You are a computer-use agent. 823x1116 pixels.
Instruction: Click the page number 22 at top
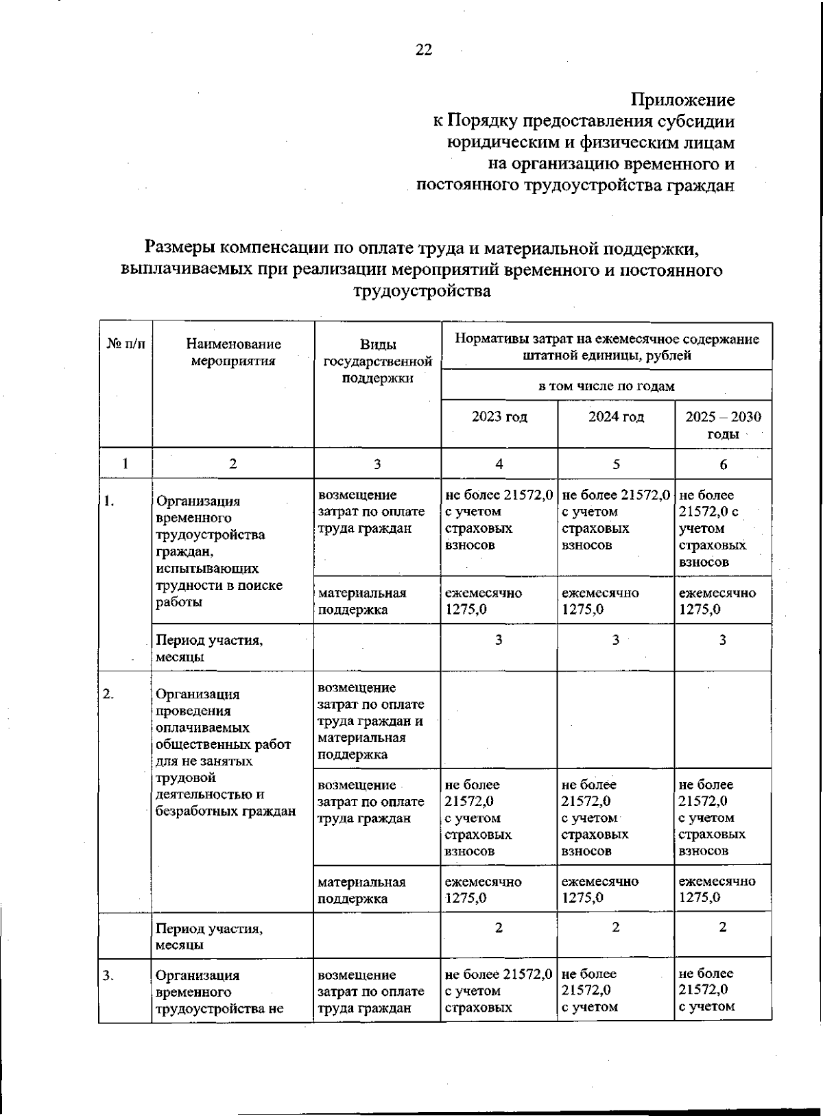click(x=423, y=49)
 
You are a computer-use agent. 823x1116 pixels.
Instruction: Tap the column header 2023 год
click(x=499, y=417)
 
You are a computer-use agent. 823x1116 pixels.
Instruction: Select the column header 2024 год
click(x=616, y=417)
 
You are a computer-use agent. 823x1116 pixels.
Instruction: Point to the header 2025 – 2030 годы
click(x=723, y=425)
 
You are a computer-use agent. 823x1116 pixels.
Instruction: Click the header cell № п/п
click(x=126, y=344)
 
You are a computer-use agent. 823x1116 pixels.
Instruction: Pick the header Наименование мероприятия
click(x=233, y=353)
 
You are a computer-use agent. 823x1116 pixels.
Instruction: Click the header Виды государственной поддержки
click(x=377, y=361)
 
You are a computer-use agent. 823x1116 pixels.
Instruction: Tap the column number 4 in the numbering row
click(x=499, y=464)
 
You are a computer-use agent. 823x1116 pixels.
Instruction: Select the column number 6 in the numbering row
click(x=723, y=464)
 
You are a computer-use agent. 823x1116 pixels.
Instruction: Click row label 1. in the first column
click(x=109, y=501)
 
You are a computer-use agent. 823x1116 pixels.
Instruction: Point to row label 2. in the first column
click(x=109, y=693)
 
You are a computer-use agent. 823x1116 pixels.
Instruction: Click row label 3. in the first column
click(x=109, y=975)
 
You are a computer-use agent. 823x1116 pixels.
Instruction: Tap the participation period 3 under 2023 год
click(x=499, y=640)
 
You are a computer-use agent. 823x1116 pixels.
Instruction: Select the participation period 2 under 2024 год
click(x=616, y=927)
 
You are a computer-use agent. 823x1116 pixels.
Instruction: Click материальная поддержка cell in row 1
click(x=363, y=601)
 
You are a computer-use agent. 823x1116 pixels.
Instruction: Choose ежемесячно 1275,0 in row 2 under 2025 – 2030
click(x=717, y=889)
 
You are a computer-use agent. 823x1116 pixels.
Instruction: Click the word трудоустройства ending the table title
click(x=422, y=291)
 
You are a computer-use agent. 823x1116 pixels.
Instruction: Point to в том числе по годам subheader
click(x=606, y=386)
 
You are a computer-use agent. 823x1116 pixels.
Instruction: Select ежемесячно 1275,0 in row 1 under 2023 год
click(x=483, y=601)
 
